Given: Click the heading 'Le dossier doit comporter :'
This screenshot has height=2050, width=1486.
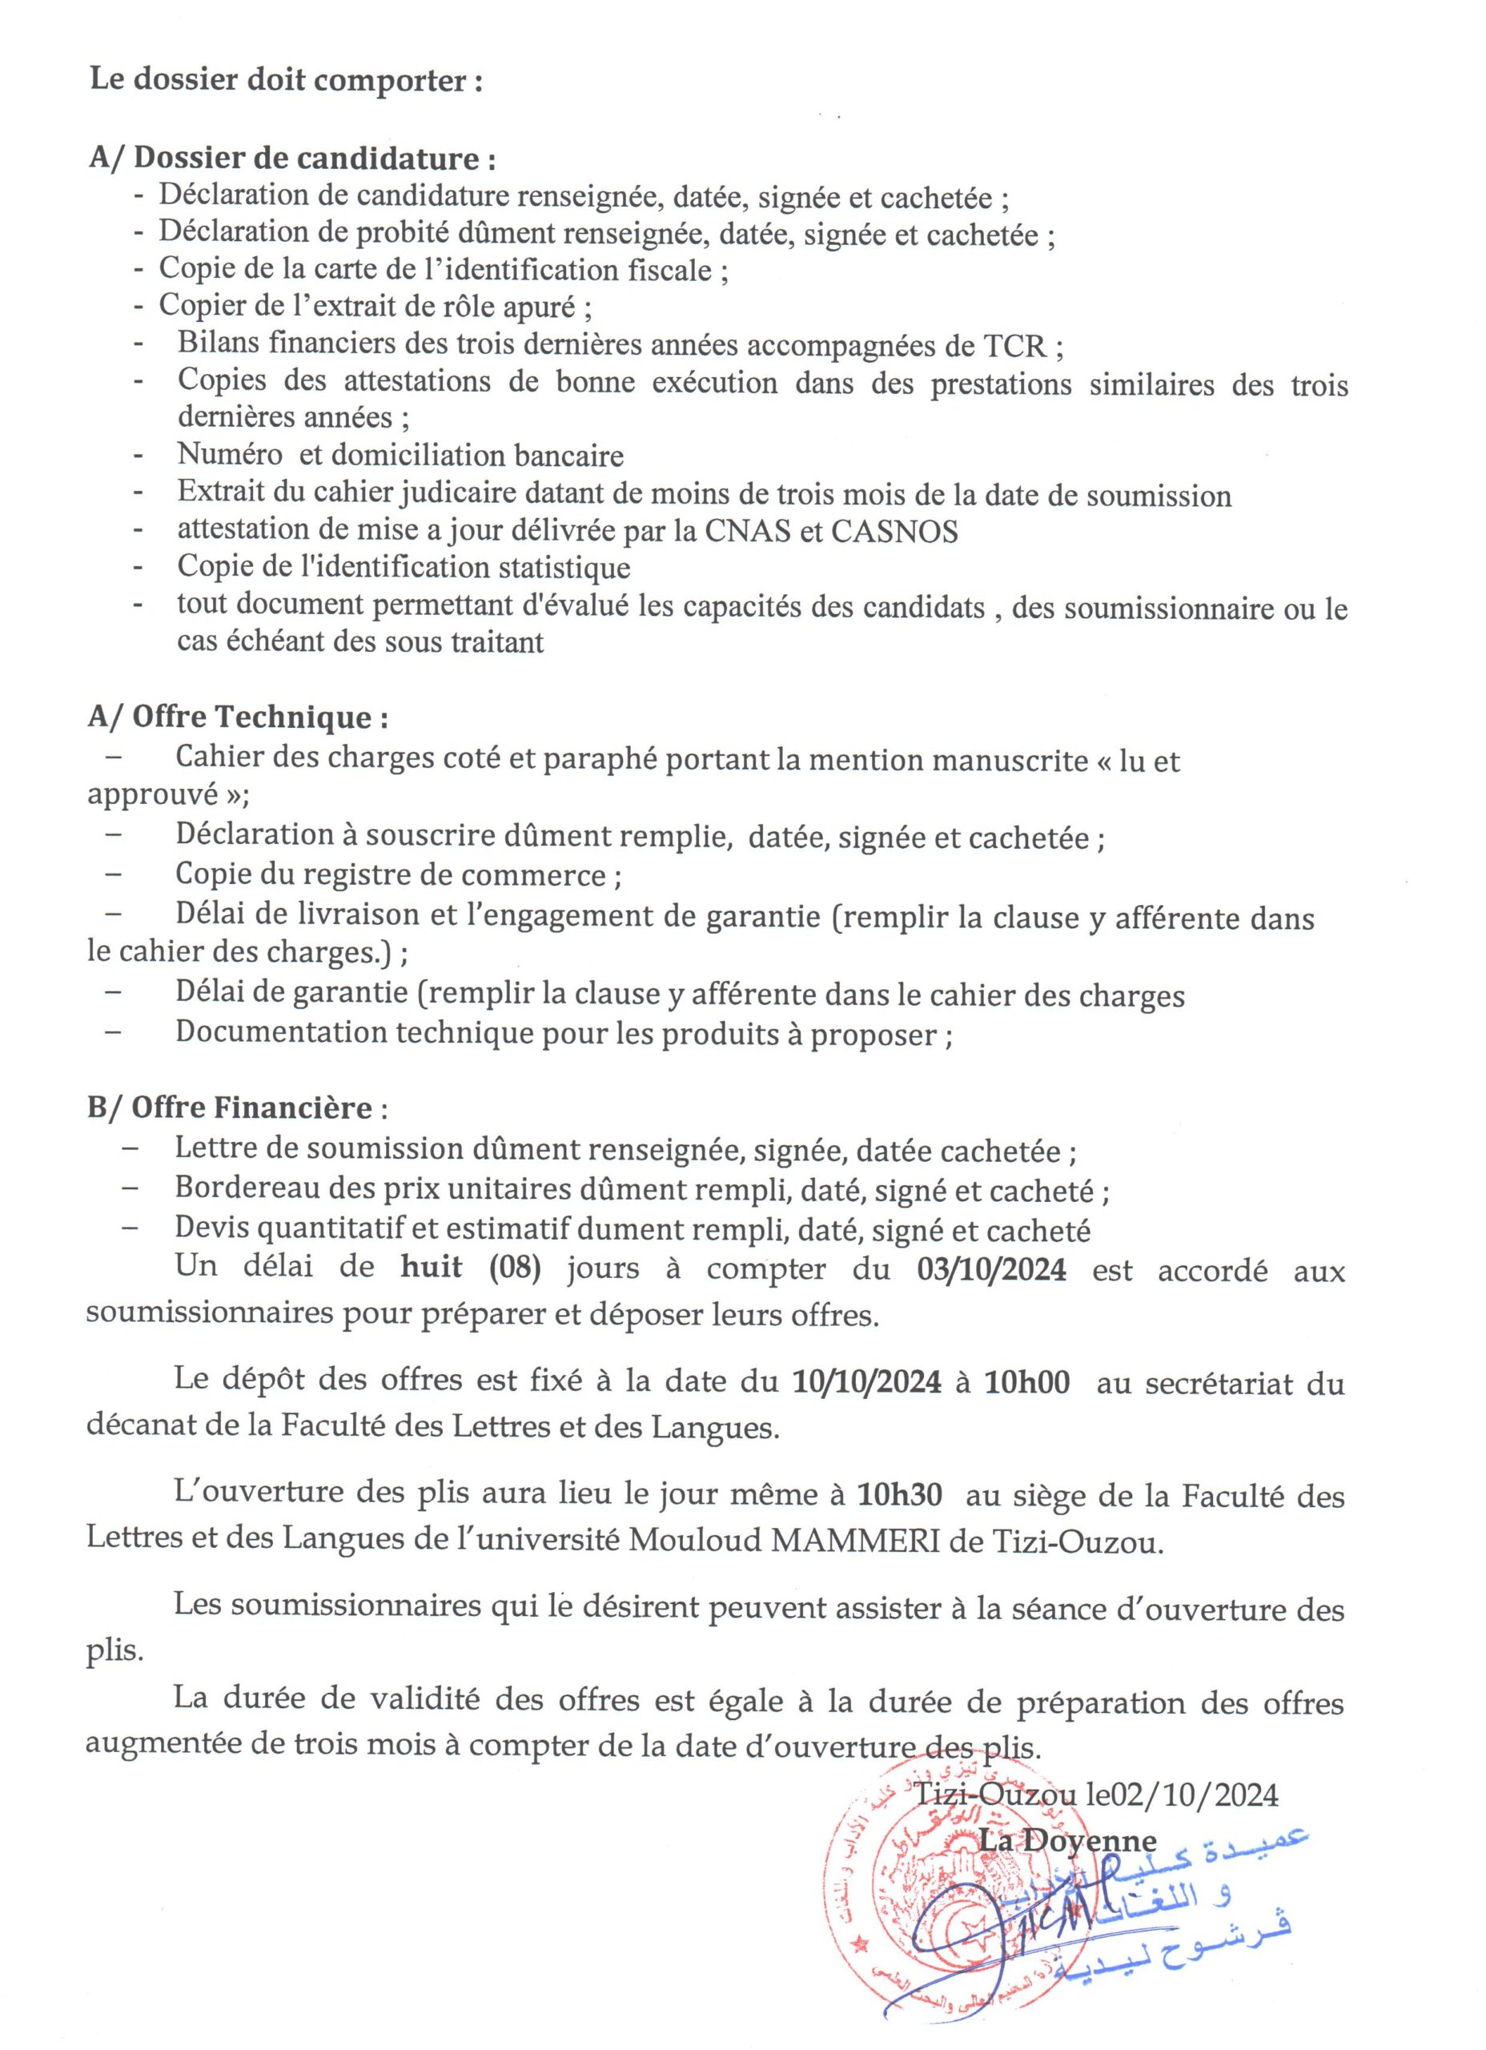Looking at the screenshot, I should [x=286, y=82].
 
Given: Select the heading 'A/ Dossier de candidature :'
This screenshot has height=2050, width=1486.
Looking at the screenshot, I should [x=292, y=159].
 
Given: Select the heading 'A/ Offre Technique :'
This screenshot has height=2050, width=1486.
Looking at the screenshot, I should [x=239, y=717].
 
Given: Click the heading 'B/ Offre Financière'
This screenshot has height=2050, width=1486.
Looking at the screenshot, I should [x=230, y=1108].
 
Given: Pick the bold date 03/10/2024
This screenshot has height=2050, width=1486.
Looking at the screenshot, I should [x=990, y=1270].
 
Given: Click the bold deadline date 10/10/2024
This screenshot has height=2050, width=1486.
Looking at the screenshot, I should [x=866, y=1383].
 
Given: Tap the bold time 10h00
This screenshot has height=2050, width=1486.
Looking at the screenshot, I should [x=1026, y=1383].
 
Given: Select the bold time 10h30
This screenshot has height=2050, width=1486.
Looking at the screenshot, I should [x=899, y=1495].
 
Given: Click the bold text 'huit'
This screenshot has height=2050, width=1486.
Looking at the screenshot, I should [x=432, y=1268].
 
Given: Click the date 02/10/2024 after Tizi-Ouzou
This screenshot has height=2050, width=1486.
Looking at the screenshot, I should [x=1194, y=1795].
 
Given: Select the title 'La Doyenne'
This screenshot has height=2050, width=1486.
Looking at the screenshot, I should [x=1068, y=1841].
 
